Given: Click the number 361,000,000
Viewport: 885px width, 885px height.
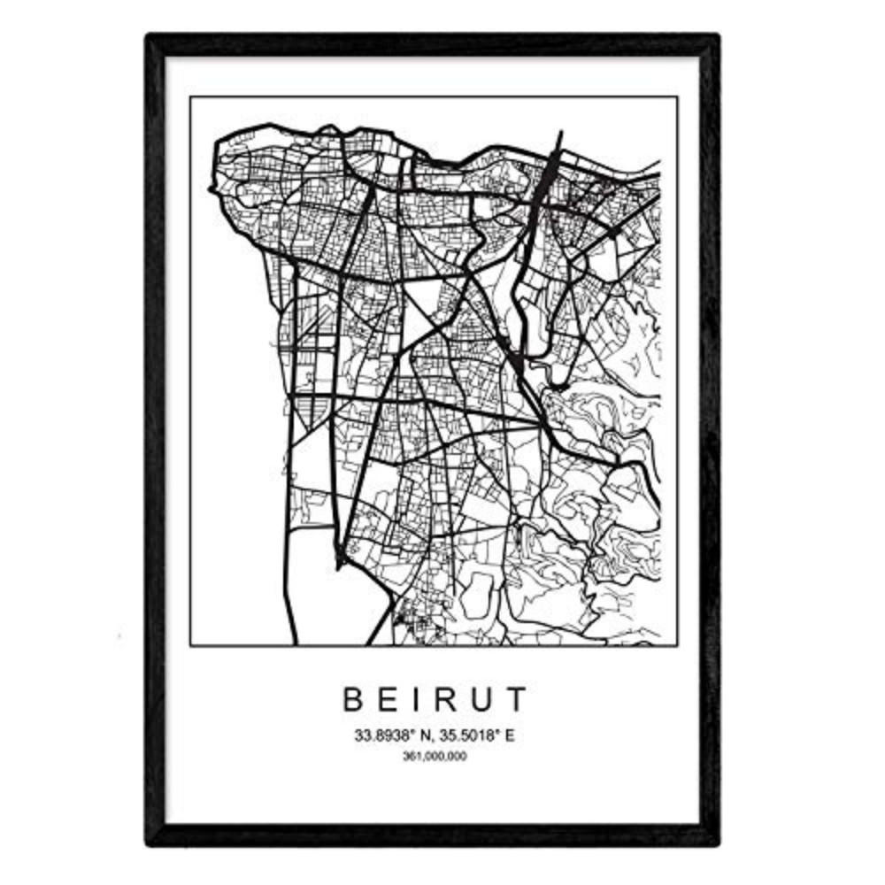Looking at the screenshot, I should (x=434, y=756).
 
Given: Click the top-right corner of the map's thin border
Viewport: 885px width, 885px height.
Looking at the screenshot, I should (x=678, y=96).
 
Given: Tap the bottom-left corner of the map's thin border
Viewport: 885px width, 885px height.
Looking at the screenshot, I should (x=190, y=645).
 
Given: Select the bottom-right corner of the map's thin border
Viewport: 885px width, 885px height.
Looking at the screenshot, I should (x=678, y=645).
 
